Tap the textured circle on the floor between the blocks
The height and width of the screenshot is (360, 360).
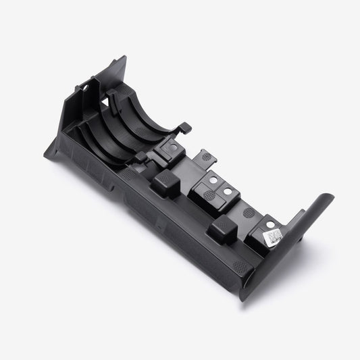tap(248, 211)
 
